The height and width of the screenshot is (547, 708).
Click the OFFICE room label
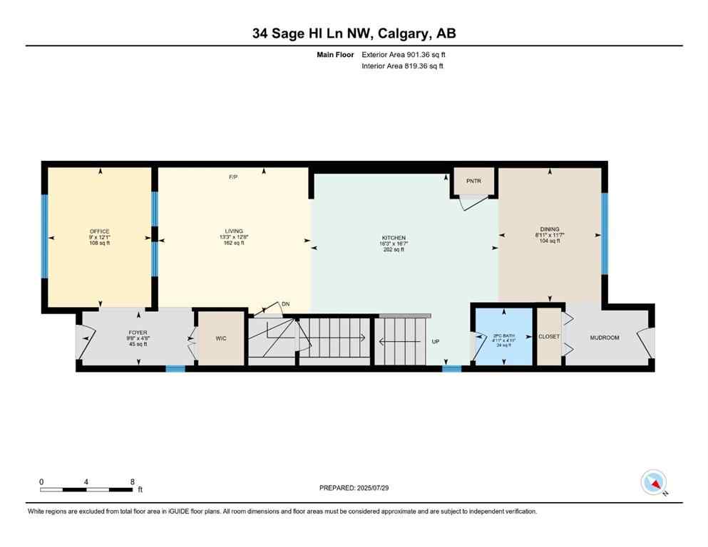tap(100, 231)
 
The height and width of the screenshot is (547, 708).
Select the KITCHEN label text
tap(393, 238)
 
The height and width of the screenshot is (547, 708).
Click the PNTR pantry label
tap(474, 181)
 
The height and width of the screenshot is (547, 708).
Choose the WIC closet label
tap(221, 338)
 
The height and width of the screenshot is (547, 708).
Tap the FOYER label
tap(138, 333)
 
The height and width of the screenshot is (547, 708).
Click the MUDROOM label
tap(605, 337)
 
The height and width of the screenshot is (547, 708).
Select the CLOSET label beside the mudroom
tap(549, 336)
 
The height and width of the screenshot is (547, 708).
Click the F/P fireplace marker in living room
tap(232, 177)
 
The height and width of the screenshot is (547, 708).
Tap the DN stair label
tap(285, 304)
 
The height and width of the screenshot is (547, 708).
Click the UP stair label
tap(436, 342)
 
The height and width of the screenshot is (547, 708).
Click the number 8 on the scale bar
tap(133, 481)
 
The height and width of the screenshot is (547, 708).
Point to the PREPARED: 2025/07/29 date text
tap(354, 488)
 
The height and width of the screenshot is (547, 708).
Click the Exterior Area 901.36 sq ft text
tap(405, 54)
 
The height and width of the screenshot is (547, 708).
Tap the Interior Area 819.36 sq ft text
tap(403, 66)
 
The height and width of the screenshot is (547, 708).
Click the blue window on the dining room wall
tap(605, 234)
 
